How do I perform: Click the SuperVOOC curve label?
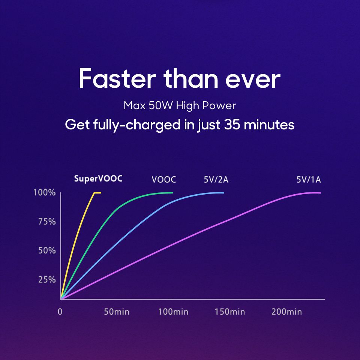[x=98, y=178]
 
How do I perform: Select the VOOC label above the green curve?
[x=164, y=179]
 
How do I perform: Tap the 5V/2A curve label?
[x=216, y=179]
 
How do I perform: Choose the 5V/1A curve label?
[x=309, y=179]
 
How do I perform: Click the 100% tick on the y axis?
[x=45, y=193]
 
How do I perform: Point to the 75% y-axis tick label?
[x=47, y=222]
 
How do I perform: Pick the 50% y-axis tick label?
[x=47, y=250]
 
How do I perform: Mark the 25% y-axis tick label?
[x=47, y=279]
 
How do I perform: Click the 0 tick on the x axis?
[x=60, y=312]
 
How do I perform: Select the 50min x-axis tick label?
[x=117, y=312]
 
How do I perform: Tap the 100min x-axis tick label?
[x=173, y=312]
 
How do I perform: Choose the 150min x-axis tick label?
[x=230, y=312]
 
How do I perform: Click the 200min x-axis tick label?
[x=286, y=312]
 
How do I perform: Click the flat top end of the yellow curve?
[x=97, y=193]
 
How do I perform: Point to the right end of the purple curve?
[x=320, y=193]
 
